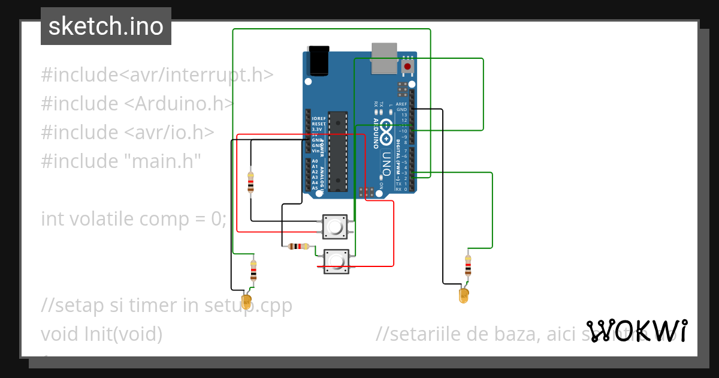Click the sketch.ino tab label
pyautogui.click(x=106, y=26)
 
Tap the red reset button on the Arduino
pyautogui.click(x=407, y=66)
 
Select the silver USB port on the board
pyautogui.click(x=384, y=58)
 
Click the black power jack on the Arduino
pyautogui.click(x=318, y=61)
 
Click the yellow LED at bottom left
pyautogui.click(x=246, y=301)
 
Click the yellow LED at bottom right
pyautogui.click(x=463, y=295)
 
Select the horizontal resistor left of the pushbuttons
pyautogui.click(x=298, y=246)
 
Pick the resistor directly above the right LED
pyautogui.click(x=468, y=265)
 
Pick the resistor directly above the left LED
pyautogui.click(x=253, y=271)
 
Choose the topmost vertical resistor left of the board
pyautogui.click(x=250, y=182)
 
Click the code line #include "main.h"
pyautogui.click(x=120, y=161)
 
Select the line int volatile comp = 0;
pyautogui.click(x=134, y=218)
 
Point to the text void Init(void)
pyautogui.click(x=101, y=334)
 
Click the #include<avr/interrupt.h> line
pyautogui.click(x=157, y=75)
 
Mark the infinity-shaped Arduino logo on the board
pyautogui.click(x=386, y=128)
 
